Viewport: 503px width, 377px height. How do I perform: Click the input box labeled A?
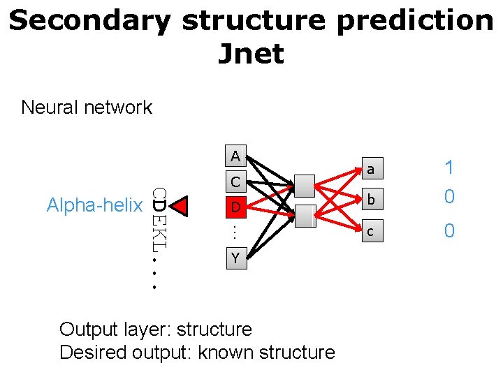(x=235, y=156)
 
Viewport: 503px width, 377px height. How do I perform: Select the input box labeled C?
(x=235, y=182)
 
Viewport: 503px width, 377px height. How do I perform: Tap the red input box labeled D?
(x=235, y=207)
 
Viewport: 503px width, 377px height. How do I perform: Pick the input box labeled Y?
(x=235, y=258)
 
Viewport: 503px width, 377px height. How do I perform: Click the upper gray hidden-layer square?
(x=305, y=186)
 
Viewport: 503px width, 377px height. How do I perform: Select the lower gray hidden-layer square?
(x=305, y=216)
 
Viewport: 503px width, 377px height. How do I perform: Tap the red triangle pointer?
(x=181, y=206)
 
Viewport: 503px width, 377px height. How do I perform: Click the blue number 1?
(x=449, y=168)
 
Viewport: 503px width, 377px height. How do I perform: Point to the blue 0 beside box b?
(x=449, y=197)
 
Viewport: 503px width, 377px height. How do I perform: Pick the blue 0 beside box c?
(x=449, y=230)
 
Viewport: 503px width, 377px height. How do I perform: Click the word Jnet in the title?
(x=251, y=54)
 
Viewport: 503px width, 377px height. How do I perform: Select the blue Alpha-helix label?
(x=94, y=205)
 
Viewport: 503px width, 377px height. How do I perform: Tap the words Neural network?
(x=87, y=108)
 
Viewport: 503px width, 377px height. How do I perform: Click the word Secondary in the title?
(x=89, y=21)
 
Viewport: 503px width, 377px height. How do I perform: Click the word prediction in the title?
(x=415, y=21)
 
